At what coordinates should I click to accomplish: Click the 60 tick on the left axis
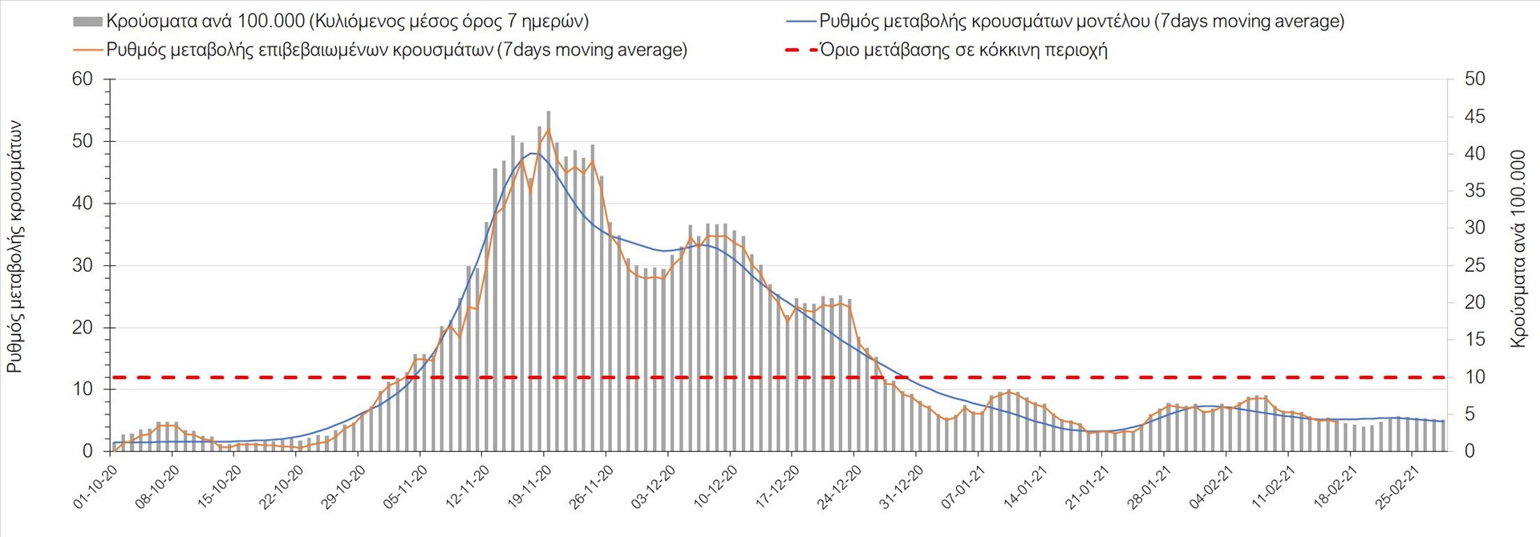(83, 79)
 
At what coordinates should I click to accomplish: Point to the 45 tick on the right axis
(1474, 117)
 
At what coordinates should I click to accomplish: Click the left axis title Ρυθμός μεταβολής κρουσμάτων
(15, 247)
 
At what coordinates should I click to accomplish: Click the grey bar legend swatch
(87, 22)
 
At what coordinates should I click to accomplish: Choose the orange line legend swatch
(87, 50)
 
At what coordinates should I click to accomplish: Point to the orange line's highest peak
(549, 128)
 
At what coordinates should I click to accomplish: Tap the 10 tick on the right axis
(1474, 377)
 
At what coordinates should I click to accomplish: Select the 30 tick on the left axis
(83, 265)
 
